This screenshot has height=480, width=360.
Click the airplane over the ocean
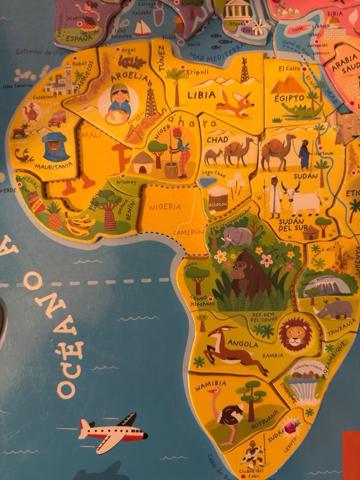(112, 432)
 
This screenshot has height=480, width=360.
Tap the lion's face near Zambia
(295, 334)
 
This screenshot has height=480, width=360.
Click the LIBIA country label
(201, 94)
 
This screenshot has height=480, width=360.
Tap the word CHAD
(217, 139)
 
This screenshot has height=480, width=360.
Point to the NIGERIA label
(165, 207)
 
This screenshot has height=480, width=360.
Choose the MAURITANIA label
(54, 167)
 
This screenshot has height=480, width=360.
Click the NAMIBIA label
(211, 384)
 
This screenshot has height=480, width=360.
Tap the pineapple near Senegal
(55, 217)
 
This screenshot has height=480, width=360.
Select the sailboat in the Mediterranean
(142, 27)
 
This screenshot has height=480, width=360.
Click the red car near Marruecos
(57, 119)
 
